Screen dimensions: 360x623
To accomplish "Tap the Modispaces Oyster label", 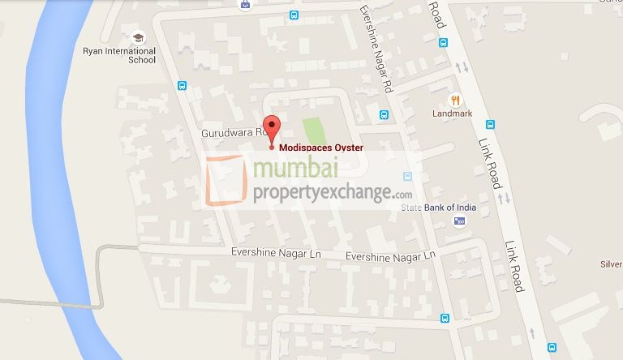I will coord(320,148).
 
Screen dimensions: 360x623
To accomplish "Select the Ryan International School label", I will coord(119,55).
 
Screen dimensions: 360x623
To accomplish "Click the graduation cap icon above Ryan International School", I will coord(139,37).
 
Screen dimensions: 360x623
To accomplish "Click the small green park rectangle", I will coord(313,131).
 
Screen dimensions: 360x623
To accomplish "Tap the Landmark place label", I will coord(452,114).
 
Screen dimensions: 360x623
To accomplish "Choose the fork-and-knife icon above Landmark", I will coord(457,100).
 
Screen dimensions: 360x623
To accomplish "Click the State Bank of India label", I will coord(439,208).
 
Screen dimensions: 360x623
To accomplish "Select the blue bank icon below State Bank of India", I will coord(460,221).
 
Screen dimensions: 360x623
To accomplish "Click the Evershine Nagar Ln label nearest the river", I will coord(276,254).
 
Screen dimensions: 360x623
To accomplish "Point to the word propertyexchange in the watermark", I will coord(324,195).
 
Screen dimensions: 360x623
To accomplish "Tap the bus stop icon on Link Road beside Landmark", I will coord(490,125).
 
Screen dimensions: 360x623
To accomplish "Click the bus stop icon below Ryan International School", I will coord(183,85).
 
